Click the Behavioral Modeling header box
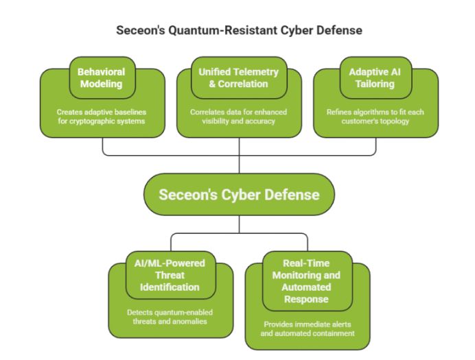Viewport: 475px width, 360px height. click(x=102, y=77)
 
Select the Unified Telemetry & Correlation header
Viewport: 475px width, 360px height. click(x=238, y=77)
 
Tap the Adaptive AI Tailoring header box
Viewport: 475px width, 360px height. click(x=375, y=77)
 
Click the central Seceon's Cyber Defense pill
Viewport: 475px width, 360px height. click(x=239, y=194)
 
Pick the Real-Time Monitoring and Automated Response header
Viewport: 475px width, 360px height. click(x=306, y=281)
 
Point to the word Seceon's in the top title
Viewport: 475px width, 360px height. click(x=138, y=31)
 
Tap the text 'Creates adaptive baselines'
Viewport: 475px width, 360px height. click(x=102, y=111)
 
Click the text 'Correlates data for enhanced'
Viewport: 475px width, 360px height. click(x=238, y=111)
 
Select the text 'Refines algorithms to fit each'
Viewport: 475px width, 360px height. click(x=375, y=111)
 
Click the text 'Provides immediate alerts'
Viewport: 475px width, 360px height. click(x=306, y=324)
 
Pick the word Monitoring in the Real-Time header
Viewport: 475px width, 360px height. click(x=306, y=274)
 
